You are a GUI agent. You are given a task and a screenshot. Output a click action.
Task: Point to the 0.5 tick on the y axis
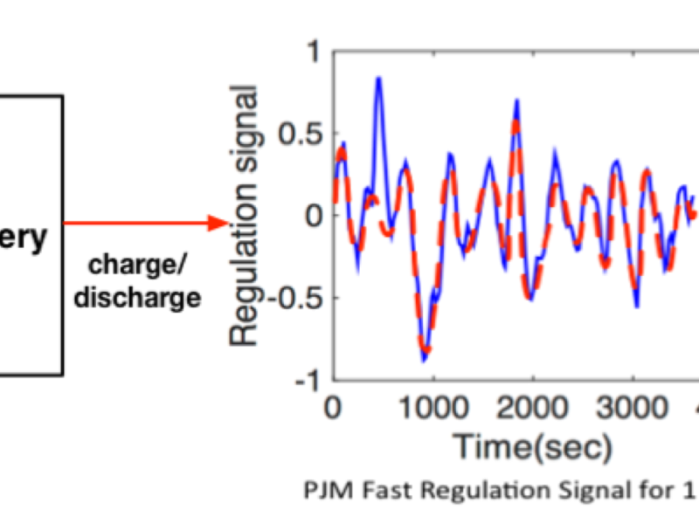300,135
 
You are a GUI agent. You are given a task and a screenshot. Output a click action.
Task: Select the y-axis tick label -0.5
294,299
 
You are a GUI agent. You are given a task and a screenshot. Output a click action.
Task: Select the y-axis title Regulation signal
245,214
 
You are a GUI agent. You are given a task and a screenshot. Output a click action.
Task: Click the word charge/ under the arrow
138,265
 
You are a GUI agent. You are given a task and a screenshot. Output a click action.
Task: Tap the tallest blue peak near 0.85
378,79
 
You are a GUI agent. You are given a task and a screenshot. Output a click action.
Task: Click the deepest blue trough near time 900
425,359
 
